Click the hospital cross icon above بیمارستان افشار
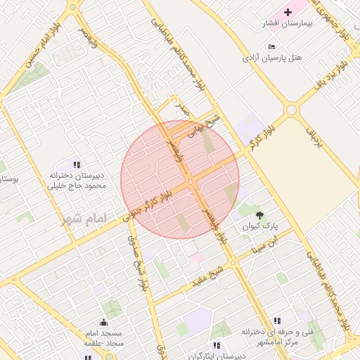point(288,13)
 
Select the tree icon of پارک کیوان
point(261,215)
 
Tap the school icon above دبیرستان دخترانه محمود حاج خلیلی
point(77,165)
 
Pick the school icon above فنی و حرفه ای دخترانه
point(277,320)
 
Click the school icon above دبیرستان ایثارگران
point(217,345)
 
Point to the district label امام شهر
point(82,220)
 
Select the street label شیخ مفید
point(210,276)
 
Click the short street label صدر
point(183,110)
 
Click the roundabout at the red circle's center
point(191,182)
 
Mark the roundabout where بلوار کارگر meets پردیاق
point(291,110)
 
